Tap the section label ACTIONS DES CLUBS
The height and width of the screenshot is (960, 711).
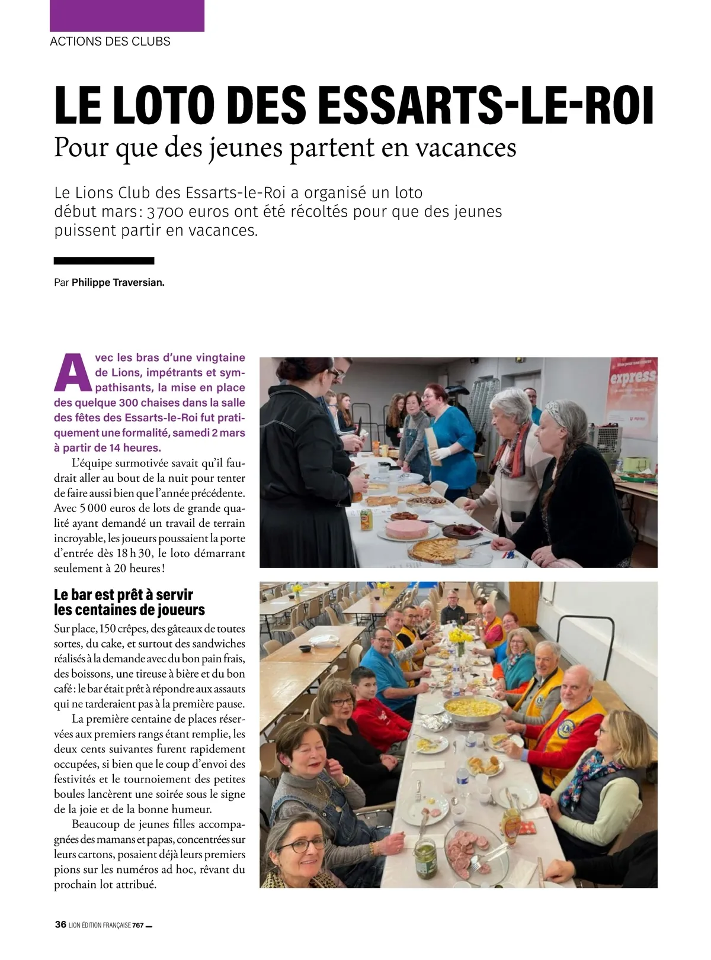pyautogui.click(x=110, y=42)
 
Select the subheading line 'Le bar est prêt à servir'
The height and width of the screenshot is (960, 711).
pyautogui.click(x=123, y=595)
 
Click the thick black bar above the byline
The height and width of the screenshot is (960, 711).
pyautogui.click(x=104, y=260)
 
